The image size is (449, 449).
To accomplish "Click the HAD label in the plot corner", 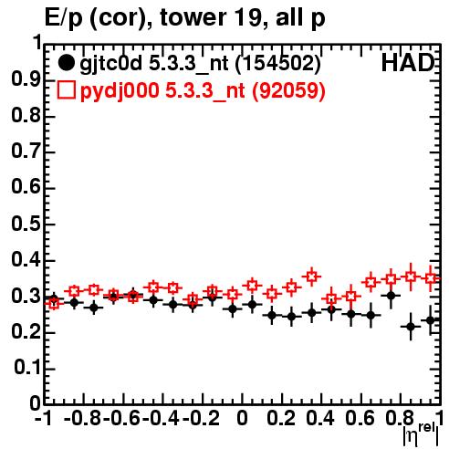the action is point(408,63).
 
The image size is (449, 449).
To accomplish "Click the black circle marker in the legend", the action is point(66,63).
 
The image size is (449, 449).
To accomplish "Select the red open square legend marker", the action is point(66,89).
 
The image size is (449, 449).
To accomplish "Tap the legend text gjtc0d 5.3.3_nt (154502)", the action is point(200,64).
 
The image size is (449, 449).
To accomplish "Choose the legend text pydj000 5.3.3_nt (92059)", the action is point(203,91).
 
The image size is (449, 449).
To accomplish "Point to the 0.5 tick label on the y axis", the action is point(26,224).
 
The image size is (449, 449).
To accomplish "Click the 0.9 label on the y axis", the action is point(26,79).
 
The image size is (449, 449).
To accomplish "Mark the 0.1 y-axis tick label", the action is point(26,368).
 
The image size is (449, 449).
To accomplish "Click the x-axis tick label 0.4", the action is point(320,418).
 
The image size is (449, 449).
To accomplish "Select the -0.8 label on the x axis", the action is point(82,418).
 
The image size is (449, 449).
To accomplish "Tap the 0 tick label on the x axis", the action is point(242,418).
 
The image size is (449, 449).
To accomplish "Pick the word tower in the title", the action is point(193,17).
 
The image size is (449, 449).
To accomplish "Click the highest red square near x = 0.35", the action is point(311,277).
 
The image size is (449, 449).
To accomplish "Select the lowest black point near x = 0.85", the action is point(411,327).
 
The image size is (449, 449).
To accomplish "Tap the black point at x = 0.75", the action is point(391,296).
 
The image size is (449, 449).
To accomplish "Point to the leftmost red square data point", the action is point(54,303).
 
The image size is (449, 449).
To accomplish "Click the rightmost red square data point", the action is point(431,278).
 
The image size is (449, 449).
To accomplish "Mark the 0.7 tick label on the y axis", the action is point(26,151).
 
